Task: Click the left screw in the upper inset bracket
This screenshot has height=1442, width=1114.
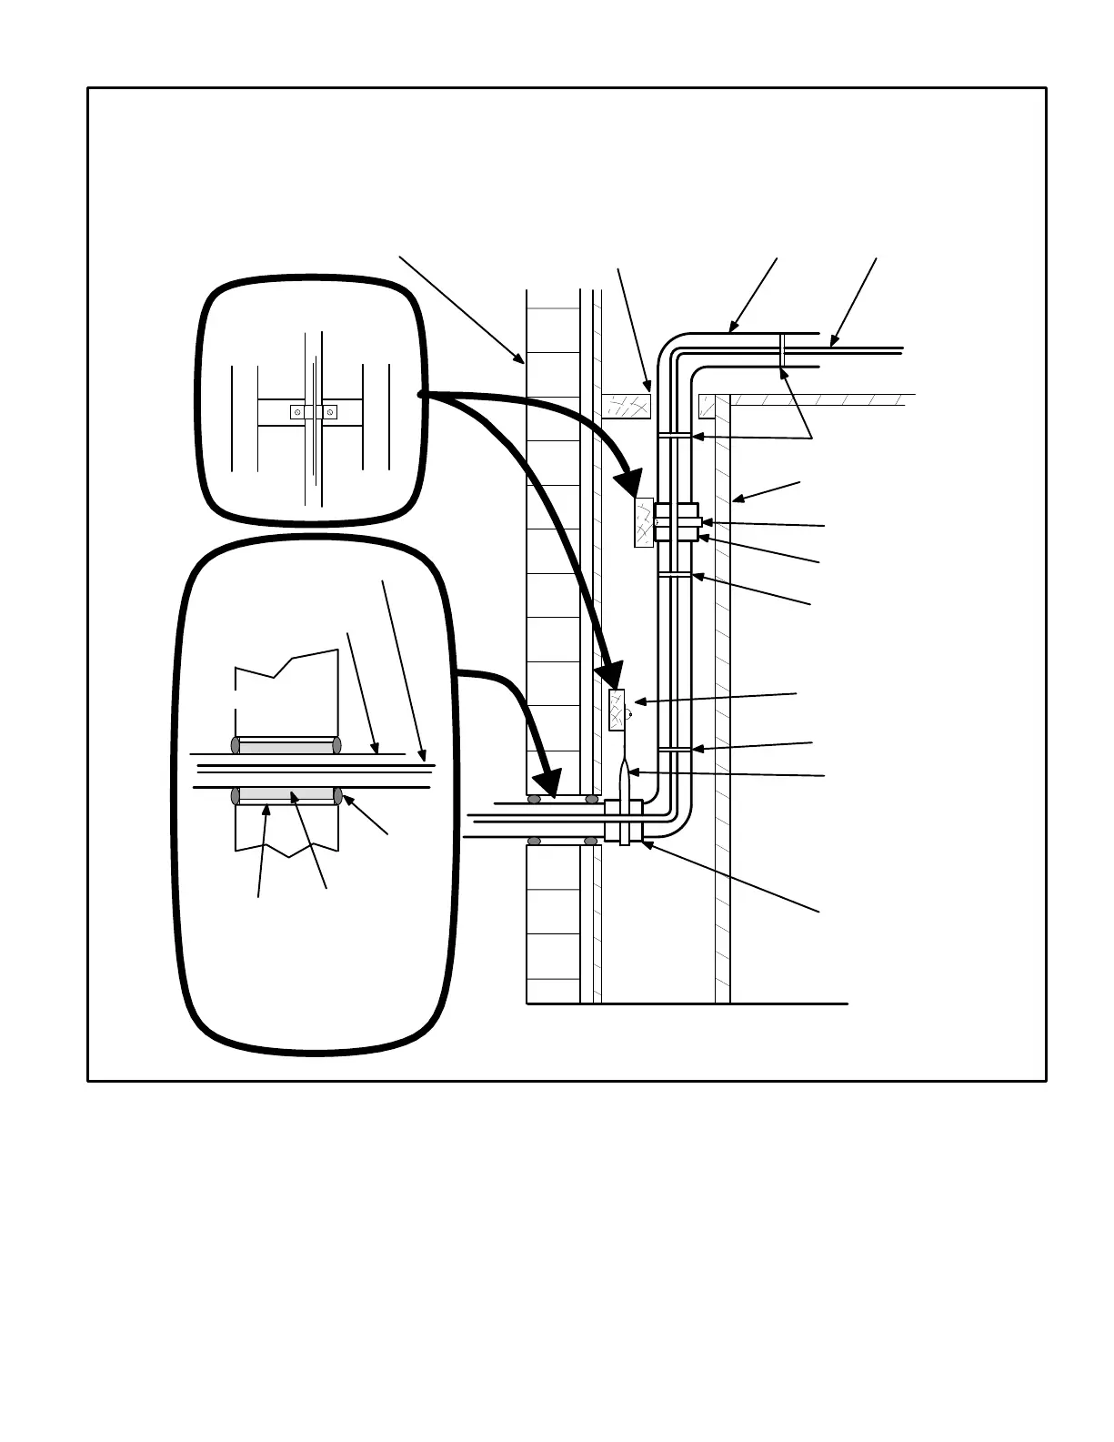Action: click(x=297, y=412)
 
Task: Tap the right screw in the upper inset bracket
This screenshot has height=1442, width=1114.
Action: click(x=329, y=412)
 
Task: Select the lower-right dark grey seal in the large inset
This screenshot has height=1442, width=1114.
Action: click(x=337, y=796)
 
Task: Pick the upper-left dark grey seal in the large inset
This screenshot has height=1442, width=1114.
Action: click(x=236, y=745)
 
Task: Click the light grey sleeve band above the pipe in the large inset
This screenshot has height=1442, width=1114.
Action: click(x=286, y=747)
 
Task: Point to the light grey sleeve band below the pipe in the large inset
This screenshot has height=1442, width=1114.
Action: click(x=286, y=795)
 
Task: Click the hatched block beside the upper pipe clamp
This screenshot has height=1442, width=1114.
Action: click(x=644, y=523)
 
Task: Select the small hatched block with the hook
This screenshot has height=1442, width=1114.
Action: click(x=617, y=711)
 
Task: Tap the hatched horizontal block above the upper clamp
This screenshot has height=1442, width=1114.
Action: click(x=627, y=406)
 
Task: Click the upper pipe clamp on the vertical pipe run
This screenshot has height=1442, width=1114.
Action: click(x=677, y=521)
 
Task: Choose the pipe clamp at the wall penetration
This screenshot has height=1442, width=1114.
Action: click(x=624, y=821)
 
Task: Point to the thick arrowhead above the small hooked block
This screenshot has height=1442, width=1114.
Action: click(x=609, y=677)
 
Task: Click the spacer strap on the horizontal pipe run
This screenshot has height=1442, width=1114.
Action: click(x=781, y=350)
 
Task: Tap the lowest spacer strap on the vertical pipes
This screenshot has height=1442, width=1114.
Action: click(x=673, y=750)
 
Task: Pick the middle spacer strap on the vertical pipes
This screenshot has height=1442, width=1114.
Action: click(x=674, y=575)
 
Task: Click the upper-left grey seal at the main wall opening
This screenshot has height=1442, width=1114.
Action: click(x=535, y=800)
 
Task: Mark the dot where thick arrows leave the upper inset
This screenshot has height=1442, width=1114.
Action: click(x=419, y=395)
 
